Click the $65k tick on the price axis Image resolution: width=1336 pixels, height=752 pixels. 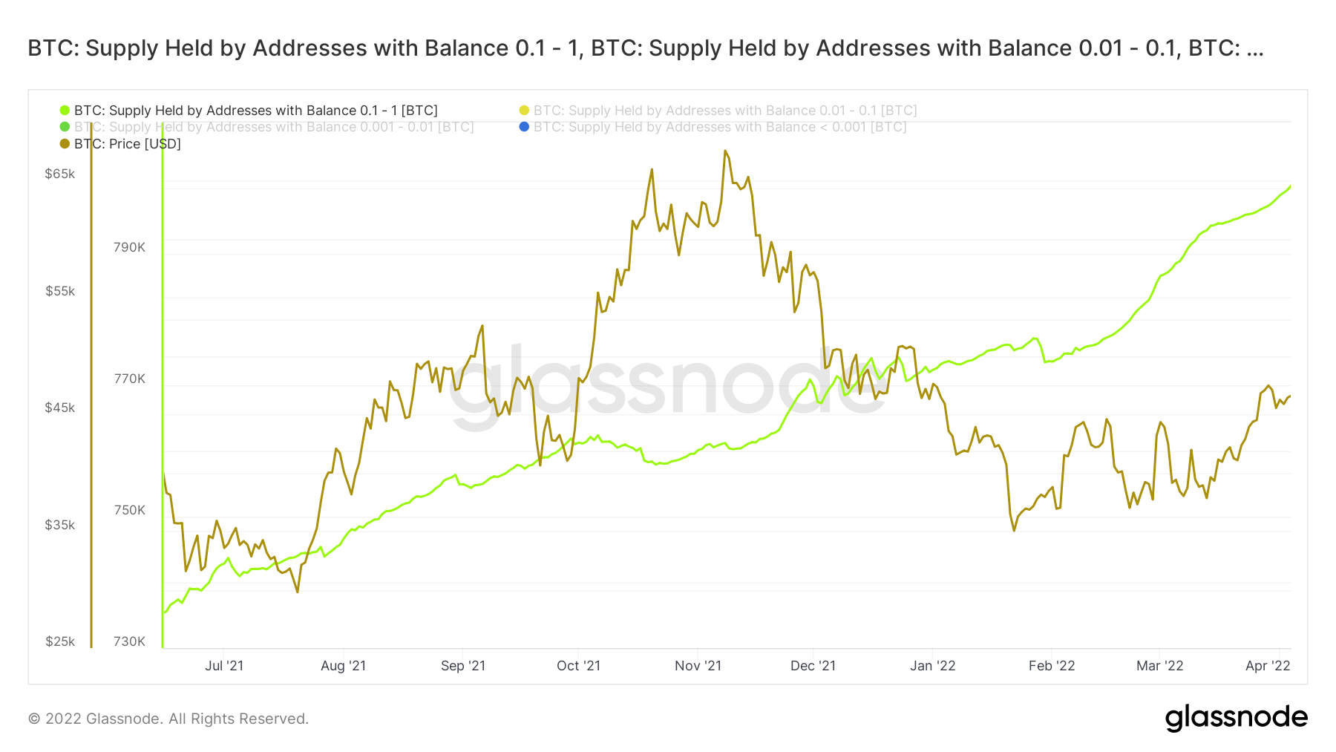[x=60, y=174]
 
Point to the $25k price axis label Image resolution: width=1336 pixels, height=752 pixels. [x=60, y=641]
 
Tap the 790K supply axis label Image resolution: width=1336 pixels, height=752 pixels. [x=129, y=247]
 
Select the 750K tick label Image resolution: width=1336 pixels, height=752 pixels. [x=129, y=510]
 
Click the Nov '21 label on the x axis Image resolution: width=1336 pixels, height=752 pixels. [x=698, y=666]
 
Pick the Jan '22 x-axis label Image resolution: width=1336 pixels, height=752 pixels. [x=932, y=666]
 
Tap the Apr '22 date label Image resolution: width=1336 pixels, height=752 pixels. [x=1268, y=666]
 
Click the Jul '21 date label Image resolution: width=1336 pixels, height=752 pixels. [x=224, y=666]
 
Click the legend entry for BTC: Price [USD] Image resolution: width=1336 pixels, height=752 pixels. [x=127, y=144]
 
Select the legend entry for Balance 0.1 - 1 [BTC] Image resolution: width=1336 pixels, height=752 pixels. [x=255, y=111]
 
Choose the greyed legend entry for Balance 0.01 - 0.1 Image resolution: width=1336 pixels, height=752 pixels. [x=724, y=111]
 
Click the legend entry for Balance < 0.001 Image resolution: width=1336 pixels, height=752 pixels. [x=719, y=127]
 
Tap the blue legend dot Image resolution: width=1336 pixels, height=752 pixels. [x=524, y=127]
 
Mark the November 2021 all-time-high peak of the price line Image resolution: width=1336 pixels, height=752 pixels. [x=724, y=151]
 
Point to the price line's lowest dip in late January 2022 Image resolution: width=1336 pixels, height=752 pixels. [x=1014, y=530]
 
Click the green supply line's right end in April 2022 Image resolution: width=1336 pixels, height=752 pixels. [x=1290, y=186]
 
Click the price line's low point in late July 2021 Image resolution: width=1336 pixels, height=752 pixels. [x=298, y=592]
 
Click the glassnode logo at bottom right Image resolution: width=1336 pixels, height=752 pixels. [x=1236, y=718]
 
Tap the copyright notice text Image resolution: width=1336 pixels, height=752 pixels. [x=168, y=719]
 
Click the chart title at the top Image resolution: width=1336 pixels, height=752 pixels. [x=645, y=48]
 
